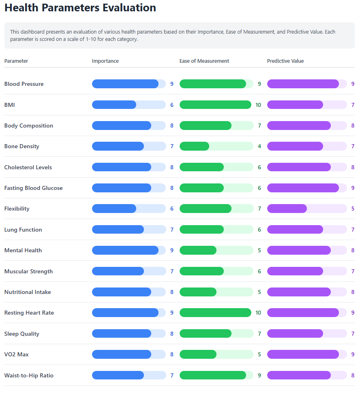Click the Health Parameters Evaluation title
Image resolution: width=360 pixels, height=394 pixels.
tap(80, 8)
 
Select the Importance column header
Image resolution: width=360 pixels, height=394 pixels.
tap(105, 61)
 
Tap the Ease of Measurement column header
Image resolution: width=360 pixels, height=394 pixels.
tap(204, 61)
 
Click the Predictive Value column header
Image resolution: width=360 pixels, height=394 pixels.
tap(285, 61)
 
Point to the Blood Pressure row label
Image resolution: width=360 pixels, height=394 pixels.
tap(24, 84)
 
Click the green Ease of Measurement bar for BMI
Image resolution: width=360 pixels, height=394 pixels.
tap(215, 105)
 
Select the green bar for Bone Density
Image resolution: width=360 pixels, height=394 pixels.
tap(195, 146)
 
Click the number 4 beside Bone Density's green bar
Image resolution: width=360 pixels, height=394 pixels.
tap(259, 146)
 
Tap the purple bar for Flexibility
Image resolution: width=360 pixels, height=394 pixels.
tap(287, 209)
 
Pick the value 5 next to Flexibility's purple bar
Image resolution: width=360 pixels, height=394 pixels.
tap(353, 209)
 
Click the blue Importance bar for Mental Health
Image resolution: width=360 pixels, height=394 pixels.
tap(125, 250)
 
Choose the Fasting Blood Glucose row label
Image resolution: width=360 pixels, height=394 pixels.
tap(33, 188)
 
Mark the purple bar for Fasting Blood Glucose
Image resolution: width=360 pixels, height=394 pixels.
tap(303, 188)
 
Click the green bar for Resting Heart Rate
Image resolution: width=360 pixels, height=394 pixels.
tap(215, 313)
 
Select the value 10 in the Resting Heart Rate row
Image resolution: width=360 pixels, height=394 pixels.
tap(258, 313)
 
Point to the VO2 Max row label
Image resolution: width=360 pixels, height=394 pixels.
tap(17, 354)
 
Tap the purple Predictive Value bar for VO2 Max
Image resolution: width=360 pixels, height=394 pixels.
tap(303, 354)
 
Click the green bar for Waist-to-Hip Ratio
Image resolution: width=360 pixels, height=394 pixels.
tap(213, 375)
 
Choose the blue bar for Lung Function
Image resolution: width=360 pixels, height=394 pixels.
tap(118, 230)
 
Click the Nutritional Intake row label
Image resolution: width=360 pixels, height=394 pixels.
tap(28, 292)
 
